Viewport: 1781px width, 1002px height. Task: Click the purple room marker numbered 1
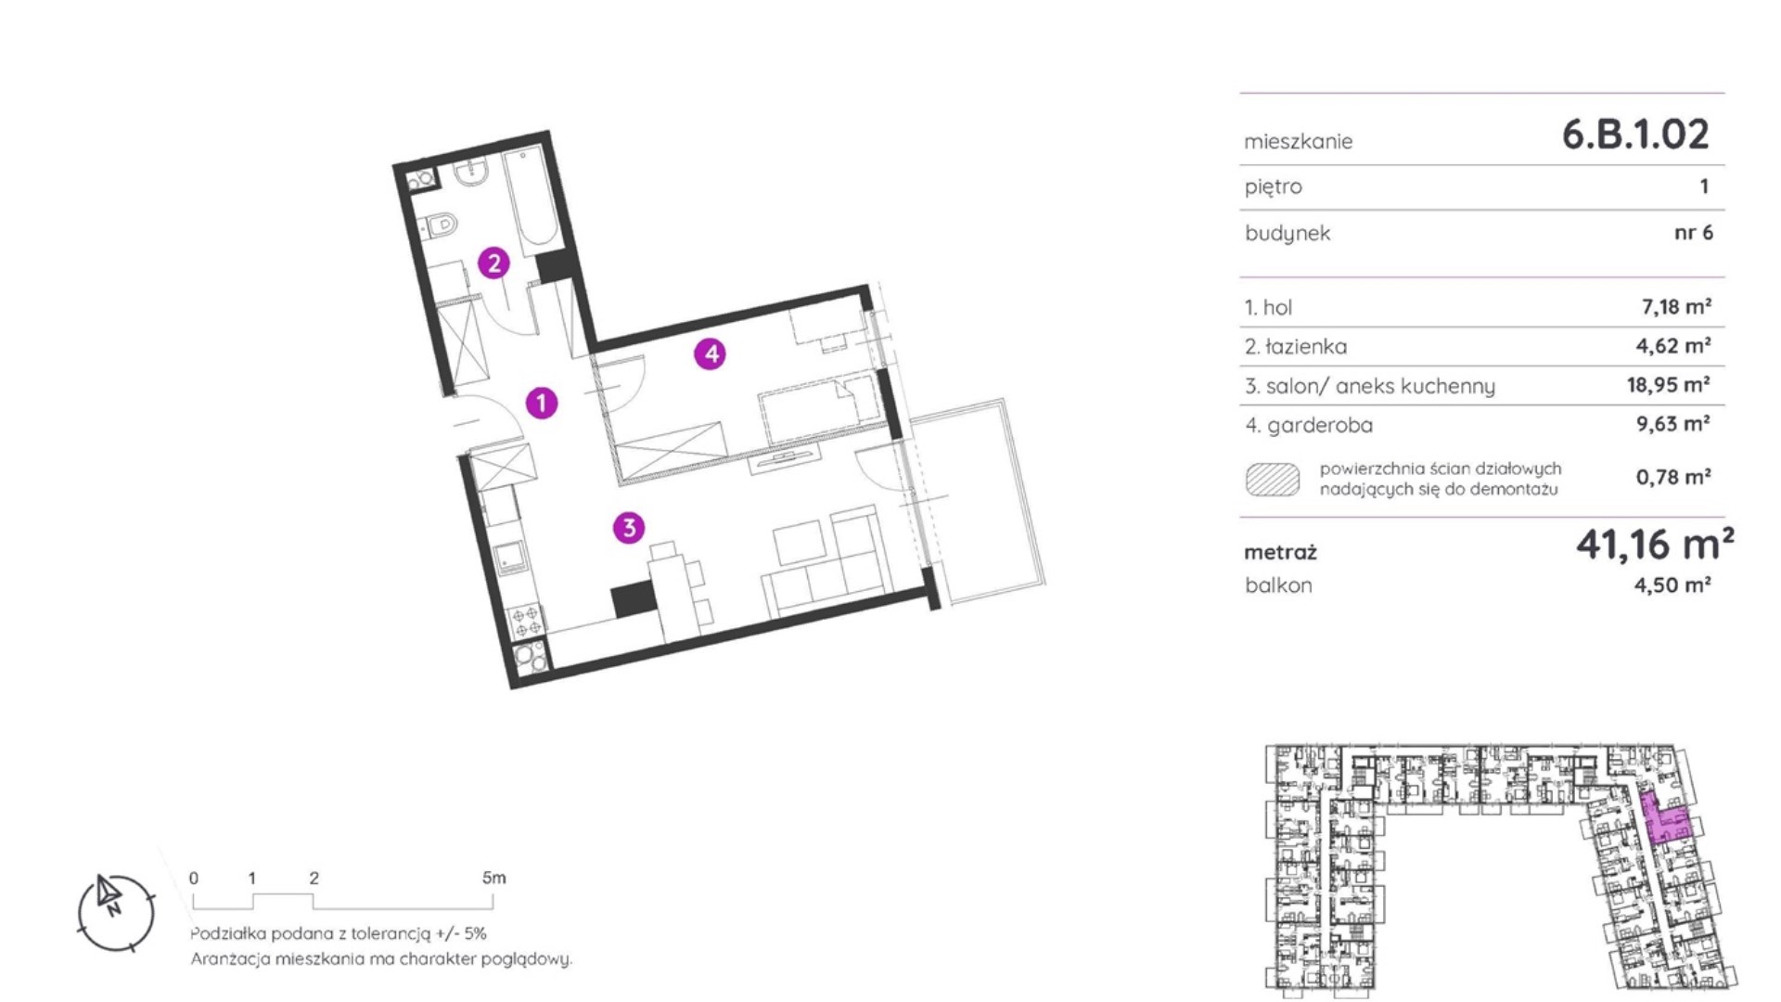point(542,403)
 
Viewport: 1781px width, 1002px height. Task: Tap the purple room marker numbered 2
point(493,263)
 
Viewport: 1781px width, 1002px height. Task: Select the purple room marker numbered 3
point(629,528)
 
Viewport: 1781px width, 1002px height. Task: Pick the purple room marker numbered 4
point(711,353)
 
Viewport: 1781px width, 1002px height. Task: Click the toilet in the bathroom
point(440,225)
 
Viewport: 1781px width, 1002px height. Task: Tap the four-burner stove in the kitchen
point(526,622)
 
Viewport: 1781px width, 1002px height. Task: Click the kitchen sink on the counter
point(510,558)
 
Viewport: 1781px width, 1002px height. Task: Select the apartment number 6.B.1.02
point(1635,135)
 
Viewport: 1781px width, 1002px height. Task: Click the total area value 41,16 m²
point(1655,545)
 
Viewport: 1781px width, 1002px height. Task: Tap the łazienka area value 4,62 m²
point(1673,345)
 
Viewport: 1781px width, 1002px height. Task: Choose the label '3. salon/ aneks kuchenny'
point(1369,386)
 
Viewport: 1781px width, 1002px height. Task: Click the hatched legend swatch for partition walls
point(1272,479)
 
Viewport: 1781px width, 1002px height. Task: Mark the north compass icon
point(116,913)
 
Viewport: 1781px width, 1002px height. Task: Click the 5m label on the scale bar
point(494,878)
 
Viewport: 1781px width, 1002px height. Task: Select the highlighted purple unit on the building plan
point(1667,817)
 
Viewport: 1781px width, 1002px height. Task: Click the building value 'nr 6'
point(1694,232)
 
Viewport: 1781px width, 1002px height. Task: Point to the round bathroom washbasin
point(474,172)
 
